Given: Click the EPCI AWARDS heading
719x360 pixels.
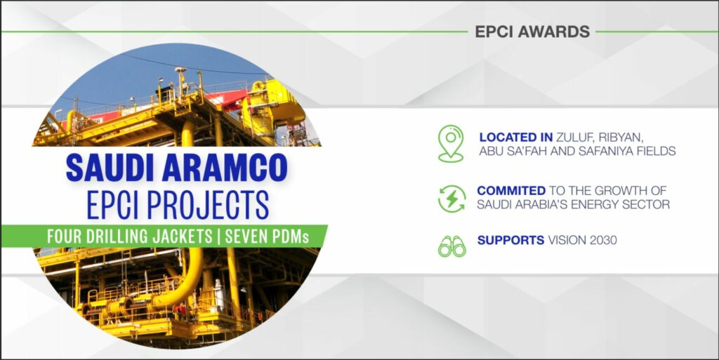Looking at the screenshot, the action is [x=532, y=32].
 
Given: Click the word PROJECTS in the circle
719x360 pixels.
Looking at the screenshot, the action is [x=208, y=205].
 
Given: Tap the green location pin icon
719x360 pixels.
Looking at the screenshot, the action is [x=451, y=143].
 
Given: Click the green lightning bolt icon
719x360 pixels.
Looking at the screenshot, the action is [x=451, y=199].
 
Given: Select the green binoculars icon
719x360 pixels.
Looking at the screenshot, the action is [x=451, y=246].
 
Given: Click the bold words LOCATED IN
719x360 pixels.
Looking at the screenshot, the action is [x=516, y=137].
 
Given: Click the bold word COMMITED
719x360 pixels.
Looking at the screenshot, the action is [x=511, y=191].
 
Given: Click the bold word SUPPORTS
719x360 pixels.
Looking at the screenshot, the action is [x=511, y=240].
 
